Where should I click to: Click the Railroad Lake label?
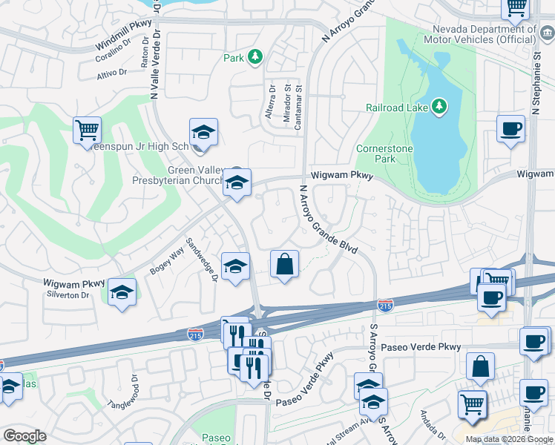pos(397,107)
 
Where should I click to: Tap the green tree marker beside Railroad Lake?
pos(439,107)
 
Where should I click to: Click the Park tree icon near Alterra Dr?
pos(254,56)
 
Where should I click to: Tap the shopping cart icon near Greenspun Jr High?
pos(88,131)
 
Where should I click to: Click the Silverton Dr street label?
pos(69,295)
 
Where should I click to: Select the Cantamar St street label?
pos(299,107)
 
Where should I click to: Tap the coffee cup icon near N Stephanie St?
pos(510,129)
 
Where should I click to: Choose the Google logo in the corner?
pos(24,436)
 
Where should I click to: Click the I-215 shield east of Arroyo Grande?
pos(385,305)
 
